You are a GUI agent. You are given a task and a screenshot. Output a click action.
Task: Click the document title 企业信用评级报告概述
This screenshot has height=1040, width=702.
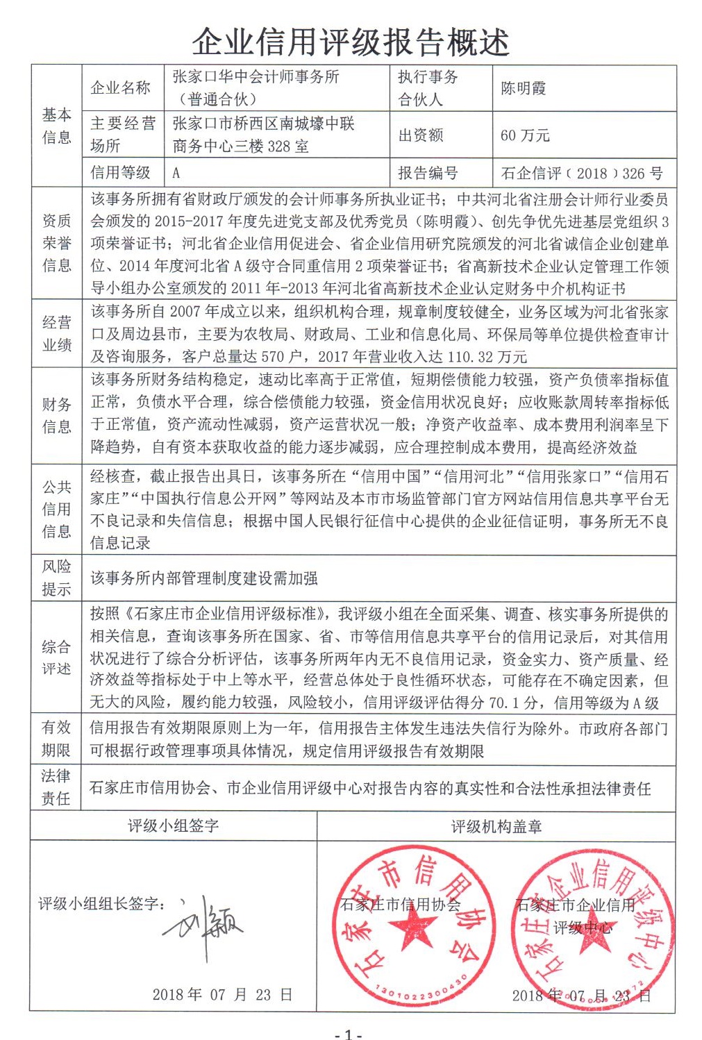351,42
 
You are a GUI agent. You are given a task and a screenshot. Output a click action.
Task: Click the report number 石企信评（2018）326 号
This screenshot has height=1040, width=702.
581,173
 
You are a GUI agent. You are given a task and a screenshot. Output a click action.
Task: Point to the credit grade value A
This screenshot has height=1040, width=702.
176,173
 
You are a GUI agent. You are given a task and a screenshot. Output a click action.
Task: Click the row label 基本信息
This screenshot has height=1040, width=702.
56,126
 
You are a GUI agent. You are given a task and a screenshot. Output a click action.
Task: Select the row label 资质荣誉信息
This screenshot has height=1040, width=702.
56,243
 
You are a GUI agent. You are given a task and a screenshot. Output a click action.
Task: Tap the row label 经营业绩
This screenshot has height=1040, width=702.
56,333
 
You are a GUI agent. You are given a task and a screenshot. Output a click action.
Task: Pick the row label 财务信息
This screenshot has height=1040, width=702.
56,415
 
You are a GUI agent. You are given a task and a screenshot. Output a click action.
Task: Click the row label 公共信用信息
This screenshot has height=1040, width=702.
56,509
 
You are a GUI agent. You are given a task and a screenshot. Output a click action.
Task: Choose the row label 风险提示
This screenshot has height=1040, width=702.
56,578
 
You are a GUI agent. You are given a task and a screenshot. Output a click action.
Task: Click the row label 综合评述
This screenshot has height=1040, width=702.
56,657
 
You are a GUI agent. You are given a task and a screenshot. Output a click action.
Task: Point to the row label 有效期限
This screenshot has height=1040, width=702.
56,739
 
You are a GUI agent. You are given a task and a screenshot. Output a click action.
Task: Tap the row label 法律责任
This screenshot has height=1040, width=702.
56,787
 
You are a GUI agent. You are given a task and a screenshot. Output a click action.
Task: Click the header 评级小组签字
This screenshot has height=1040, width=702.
173,825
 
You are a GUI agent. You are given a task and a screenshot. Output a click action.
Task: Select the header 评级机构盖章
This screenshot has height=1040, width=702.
496,826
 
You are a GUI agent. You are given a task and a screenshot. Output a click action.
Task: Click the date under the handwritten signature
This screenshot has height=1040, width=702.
222,994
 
